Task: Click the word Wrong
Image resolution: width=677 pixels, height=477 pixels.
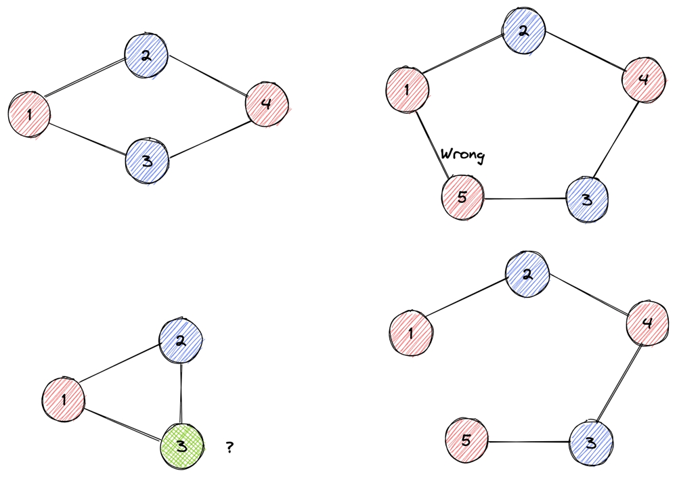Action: [x=463, y=156]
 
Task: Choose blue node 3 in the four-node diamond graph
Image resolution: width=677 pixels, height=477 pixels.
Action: [x=146, y=160]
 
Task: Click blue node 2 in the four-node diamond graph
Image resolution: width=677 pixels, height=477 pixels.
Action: [x=146, y=55]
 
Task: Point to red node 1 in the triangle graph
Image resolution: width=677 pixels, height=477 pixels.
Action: [x=64, y=399]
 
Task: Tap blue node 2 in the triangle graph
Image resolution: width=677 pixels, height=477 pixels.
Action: [x=180, y=340]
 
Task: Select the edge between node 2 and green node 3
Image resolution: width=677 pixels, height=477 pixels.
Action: [x=181, y=392]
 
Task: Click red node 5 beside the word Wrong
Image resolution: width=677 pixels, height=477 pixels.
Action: [x=462, y=198]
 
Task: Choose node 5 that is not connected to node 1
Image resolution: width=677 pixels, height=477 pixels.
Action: [x=467, y=442]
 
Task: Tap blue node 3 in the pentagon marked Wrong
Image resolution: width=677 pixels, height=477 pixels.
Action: [x=586, y=200]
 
